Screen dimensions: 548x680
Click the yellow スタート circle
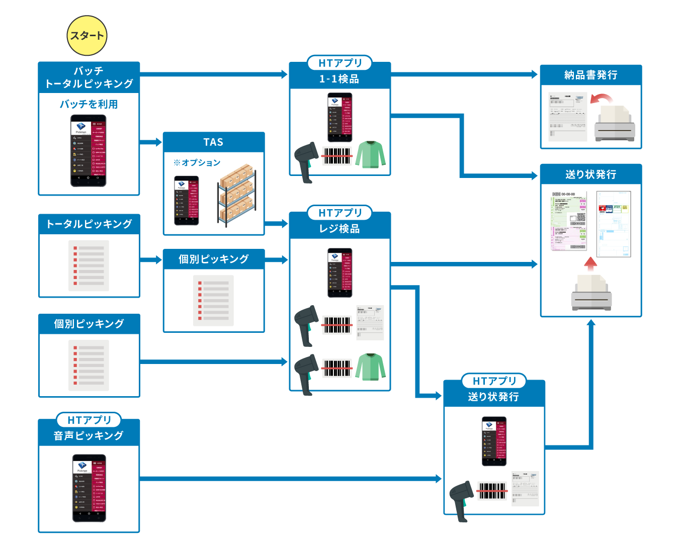pos(87,35)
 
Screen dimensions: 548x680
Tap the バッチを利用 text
pos(89,104)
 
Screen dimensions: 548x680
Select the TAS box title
pos(213,142)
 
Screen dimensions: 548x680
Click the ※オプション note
pos(197,162)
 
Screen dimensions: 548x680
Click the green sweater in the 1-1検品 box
pos(371,154)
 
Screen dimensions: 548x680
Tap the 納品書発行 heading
pos(590,75)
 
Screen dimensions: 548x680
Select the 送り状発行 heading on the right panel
pos(590,174)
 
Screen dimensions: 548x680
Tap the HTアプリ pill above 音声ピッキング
pos(89,420)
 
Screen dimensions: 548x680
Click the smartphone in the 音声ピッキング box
pos(89,488)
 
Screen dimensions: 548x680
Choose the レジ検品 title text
pos(339,229)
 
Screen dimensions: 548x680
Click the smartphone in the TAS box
pos(186,200)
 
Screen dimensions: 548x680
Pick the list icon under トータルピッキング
pos(89,265)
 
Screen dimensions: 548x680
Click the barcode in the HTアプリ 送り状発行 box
pos(492,491)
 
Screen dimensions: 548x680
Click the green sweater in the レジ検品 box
pos(371,367)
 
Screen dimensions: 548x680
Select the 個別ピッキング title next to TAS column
pos(213,259)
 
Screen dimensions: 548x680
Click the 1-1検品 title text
pos(339,79)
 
